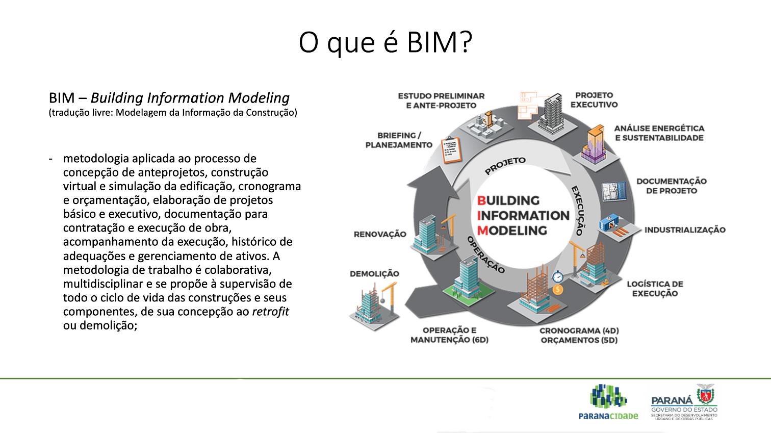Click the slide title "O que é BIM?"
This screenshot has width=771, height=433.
point(385,43)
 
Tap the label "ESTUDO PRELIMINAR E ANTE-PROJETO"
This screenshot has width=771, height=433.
point(441,100)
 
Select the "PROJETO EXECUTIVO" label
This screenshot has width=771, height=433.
point(594,100)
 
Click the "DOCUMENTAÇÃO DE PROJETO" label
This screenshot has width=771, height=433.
point(671,186)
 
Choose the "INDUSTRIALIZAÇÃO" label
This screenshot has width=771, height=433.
point(684,230)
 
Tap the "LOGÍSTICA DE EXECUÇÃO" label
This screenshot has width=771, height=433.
point(655,289)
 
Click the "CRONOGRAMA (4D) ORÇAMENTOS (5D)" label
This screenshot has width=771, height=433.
point(579,335)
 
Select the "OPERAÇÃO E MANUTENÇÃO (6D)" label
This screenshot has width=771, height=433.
point(449,335)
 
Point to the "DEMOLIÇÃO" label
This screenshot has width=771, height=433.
point(374,274)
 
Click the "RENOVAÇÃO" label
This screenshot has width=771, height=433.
point(380,234)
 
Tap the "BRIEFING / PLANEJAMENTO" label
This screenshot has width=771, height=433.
point(399,140)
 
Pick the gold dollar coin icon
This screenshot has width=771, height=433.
point(558,290)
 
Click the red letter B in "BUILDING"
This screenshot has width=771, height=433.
point(480,200)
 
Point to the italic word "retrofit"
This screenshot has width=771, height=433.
point(270,311)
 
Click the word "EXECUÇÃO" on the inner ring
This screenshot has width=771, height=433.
point(577,210)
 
